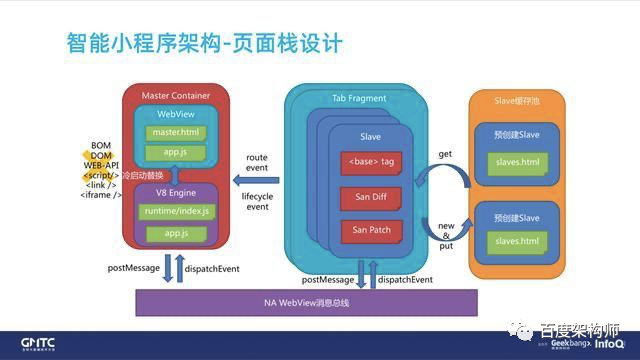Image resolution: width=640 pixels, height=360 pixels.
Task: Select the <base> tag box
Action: tap(370, 161)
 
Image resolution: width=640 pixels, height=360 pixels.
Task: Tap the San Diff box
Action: tap(370, 196)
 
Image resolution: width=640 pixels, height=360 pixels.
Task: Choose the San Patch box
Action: tap(370, 230)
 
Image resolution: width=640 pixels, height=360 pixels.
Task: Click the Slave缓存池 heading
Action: tap(525, 100)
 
